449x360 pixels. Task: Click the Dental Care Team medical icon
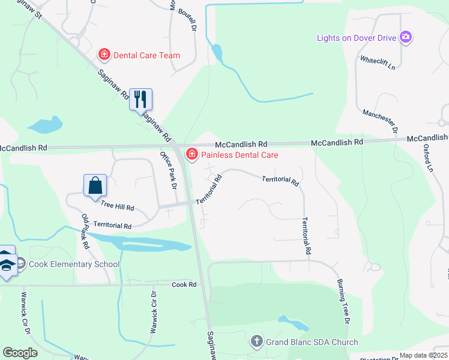[104, 55]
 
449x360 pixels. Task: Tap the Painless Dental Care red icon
[192, 155]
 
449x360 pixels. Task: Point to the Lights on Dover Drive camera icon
[406, 38]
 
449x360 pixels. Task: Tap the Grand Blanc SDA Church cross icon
[256, 342]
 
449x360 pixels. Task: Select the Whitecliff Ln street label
[378, 62]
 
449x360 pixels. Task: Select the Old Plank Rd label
[85, 232]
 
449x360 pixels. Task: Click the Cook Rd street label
[184, 284]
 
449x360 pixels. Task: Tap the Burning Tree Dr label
[343, 303]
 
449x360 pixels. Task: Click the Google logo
[20, 353]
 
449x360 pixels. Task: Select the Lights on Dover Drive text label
[357, 38]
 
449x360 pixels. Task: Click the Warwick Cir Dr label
[154, 312]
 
